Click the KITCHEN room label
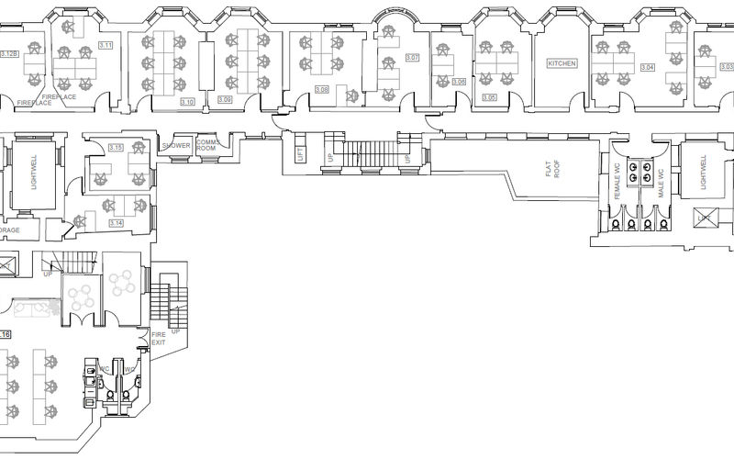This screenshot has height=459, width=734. (562, 63)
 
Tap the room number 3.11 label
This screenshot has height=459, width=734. (106, 45)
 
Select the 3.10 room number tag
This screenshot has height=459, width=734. (187, 101)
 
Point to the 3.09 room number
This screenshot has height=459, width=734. (225, 99)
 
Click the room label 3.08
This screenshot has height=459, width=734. (321, 89)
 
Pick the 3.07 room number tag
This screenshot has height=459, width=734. (412, 58)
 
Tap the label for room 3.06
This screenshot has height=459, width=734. (459, 82)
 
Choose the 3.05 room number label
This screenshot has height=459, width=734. (489, 97)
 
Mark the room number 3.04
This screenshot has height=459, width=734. (648, 68)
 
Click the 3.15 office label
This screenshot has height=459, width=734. (116, 147)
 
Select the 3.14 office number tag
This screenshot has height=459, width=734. (116, 223)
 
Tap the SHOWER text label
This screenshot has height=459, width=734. (175, 146)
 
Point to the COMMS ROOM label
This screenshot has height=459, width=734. (206, 146)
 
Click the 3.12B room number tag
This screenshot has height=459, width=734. (9, 55)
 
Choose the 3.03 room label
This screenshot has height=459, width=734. (726, 66)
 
